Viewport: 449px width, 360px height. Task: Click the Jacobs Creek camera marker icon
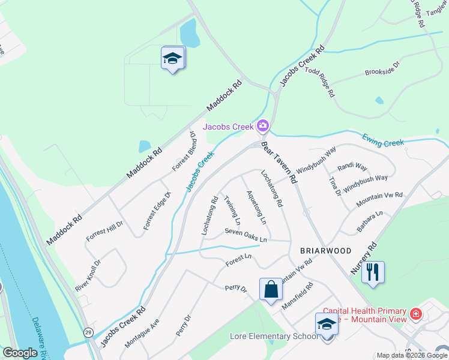(262, 126)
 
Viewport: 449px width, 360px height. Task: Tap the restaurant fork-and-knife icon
(373, 273)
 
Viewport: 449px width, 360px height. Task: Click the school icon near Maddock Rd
(173, 58)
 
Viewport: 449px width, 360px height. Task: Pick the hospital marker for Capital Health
(415, 314)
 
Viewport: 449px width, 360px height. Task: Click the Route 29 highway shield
(89, 332)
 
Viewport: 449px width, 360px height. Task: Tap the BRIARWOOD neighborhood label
(318, 251)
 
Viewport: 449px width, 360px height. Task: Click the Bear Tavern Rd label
(280, 163)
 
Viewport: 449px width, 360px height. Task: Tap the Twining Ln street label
(232, 210)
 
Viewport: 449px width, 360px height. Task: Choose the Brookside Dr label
(382, 68)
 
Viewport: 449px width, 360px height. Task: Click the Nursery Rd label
(363, 259)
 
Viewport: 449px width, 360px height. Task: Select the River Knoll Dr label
(88, 276)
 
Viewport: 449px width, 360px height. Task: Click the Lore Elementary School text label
(274, 336)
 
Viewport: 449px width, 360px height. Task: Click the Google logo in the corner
(20, 353)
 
